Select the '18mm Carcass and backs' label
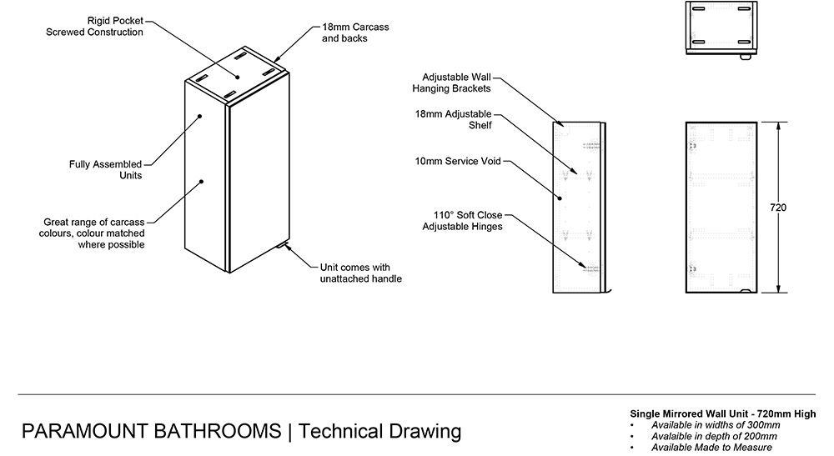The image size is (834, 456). (354, 33)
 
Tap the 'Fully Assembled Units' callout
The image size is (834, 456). (105, 170)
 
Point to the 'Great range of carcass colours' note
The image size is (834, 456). (94, 233)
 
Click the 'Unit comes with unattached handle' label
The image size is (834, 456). (361, 273)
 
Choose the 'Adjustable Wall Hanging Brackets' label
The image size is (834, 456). (451, 82)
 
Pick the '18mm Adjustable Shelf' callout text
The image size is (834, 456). (454, 119)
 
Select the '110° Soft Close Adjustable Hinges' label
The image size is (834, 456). (462, 220)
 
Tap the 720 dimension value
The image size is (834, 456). (777, 208)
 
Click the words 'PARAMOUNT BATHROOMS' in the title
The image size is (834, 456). (151, 432)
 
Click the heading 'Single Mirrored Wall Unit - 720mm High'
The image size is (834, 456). (721, 414)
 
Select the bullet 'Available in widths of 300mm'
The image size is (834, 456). (714, 425)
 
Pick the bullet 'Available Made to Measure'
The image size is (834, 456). (711, 448)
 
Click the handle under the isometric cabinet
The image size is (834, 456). (284, 247)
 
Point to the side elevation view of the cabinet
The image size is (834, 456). (578, 207)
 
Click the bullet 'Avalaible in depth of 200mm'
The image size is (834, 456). (715, 436)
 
